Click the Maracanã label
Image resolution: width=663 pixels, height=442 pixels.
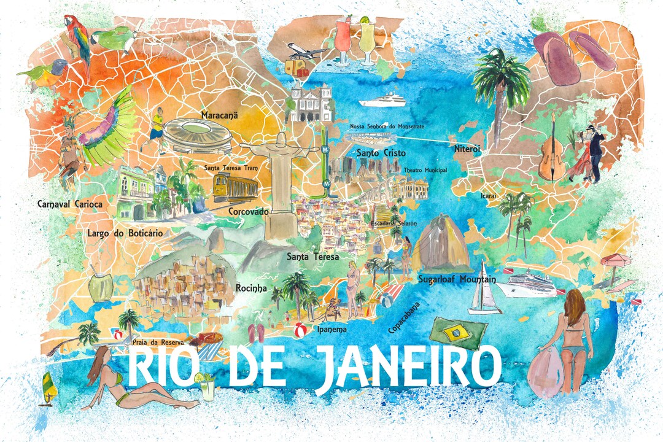(x=219, y=114)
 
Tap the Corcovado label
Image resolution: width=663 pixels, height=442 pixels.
(x=248, y=212)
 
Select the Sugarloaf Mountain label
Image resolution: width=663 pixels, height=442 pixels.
(x=456, y=279)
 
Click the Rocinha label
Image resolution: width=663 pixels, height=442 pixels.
(x=252, y=287)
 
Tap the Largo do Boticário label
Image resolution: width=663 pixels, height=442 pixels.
(x=125, y=233)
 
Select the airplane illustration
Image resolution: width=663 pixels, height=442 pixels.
(x=306, y=50)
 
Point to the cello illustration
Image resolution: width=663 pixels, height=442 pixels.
(x=551, y=150)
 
